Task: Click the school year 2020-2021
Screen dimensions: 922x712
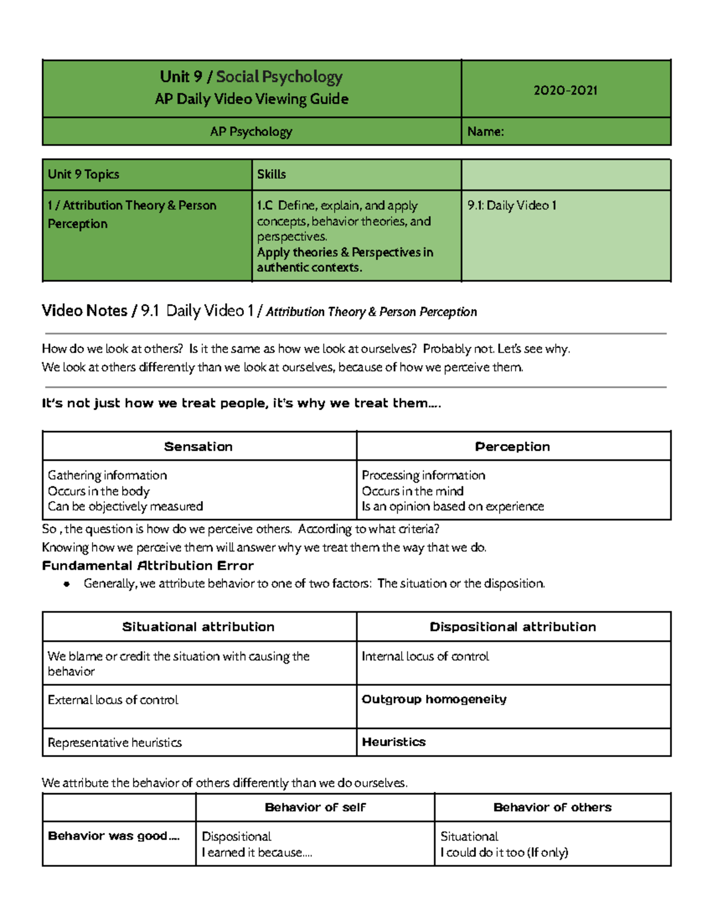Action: click(x=565, y=90)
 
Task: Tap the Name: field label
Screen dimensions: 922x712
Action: click(x=485, y=132)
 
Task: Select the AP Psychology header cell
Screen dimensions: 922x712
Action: click(x=251, y=132)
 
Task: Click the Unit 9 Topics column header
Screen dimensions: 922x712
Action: click(x=84, y=175)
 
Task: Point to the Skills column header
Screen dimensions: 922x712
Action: click(x=271, y=175)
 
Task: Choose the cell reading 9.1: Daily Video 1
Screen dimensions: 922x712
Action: click(x=511, y=205)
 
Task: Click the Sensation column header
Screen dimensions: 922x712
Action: click(x=198, y=446)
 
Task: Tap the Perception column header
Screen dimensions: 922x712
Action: click(x=512, y=446)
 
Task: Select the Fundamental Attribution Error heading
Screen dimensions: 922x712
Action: click(x=148, y=566)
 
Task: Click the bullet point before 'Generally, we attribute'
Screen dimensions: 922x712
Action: click(x=67, y=584)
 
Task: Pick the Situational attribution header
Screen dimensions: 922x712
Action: click(x=198, y=627)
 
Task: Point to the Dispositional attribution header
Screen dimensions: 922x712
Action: click(x=513, y=627)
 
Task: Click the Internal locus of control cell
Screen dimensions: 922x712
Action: click(x=425, y=657)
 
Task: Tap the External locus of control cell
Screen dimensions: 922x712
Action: click(x=113, y=700)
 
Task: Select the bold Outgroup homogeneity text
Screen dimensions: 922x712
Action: click(x=434, y=699)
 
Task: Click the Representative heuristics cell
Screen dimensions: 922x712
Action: click(x=115, y=743)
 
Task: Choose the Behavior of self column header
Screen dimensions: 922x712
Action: click(x=315, y=807)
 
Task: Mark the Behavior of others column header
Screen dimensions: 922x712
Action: click(x=552, y=807)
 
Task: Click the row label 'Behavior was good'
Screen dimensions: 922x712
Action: click(x=113, y=836)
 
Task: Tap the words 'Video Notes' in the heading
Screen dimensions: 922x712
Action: click(x=84, y=310)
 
